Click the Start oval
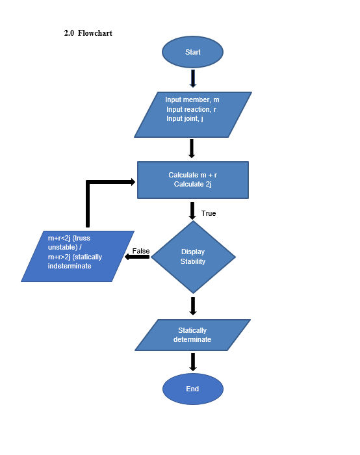click(x=192, y=52)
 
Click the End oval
click(x=192, y=389)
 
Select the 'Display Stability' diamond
click(x=192, y=257)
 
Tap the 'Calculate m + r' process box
click(x=192, y=179)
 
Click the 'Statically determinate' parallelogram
click(x=192, y=335)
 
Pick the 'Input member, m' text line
click(x=192, y=100)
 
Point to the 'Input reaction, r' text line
click(x=191, y=110)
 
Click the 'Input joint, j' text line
click(x=185, y=119)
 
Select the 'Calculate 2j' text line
click(x=193, y=185)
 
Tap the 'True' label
click(x=209, y=213)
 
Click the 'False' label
click(x=141, y=251)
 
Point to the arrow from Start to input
click(x=192, y=79)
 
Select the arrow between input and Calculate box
click(x=192, y=148)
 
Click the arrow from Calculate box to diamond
click(x=192, y=211)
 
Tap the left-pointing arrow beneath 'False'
click(x=137, y=257)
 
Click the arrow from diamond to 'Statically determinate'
click(x=193, y=305)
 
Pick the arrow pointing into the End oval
click(x=193, y=361)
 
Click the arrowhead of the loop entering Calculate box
click(x=132, y=182)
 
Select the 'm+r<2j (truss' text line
click(x=69, y=238)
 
